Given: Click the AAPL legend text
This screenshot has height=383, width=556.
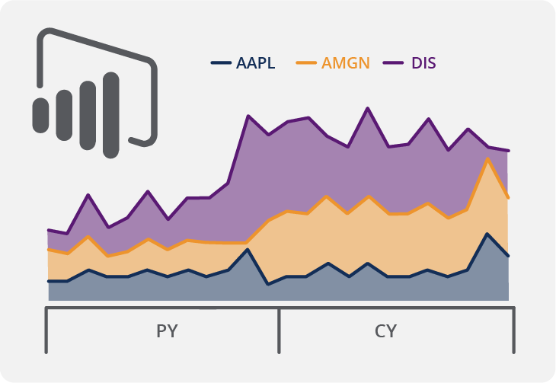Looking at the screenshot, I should click(256, 63).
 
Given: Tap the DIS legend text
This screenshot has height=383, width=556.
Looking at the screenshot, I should click(423, 63).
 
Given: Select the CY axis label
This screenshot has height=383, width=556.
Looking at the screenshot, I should click(386, 331).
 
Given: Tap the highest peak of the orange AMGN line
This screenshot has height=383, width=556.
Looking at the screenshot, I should click(487, 158).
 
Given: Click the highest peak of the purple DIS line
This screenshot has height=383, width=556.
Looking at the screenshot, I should click(368, 108).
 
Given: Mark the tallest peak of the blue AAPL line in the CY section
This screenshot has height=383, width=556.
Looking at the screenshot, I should click(487, 234).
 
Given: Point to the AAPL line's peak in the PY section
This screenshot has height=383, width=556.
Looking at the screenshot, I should click(247, 250).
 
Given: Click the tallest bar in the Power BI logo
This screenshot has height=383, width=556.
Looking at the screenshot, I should click(111, 115).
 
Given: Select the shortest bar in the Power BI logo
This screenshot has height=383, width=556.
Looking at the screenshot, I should click(40, 115).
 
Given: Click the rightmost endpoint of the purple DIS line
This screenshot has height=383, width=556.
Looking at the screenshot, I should click(508, 151).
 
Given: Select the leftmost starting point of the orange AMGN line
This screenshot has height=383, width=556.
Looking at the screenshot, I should click(48, 249).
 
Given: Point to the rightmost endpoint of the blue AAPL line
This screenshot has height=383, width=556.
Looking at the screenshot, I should click(508, 256).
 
